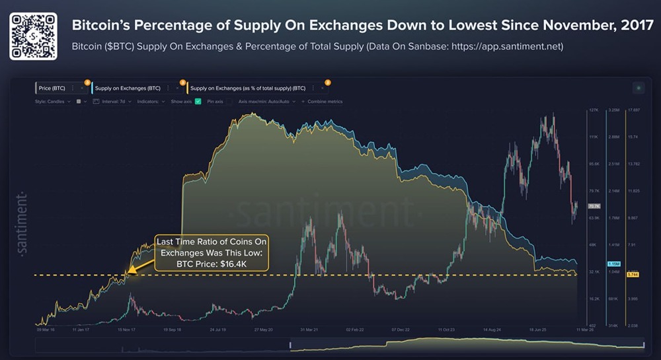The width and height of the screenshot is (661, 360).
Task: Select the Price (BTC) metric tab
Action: (53, 88)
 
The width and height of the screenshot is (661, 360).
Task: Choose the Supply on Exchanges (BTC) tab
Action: (128, 88)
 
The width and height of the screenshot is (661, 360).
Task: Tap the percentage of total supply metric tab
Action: (247, 88)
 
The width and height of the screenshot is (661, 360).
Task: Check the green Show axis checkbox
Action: (197, 102)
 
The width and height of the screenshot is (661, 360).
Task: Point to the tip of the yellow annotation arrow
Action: (128, 273)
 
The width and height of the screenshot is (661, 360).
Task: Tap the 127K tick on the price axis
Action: (593, 110)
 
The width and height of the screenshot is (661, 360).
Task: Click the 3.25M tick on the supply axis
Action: (613, 110)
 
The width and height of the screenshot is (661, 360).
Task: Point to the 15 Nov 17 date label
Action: (126, 328)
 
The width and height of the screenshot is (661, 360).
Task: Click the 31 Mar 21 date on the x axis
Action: (310, 328)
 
